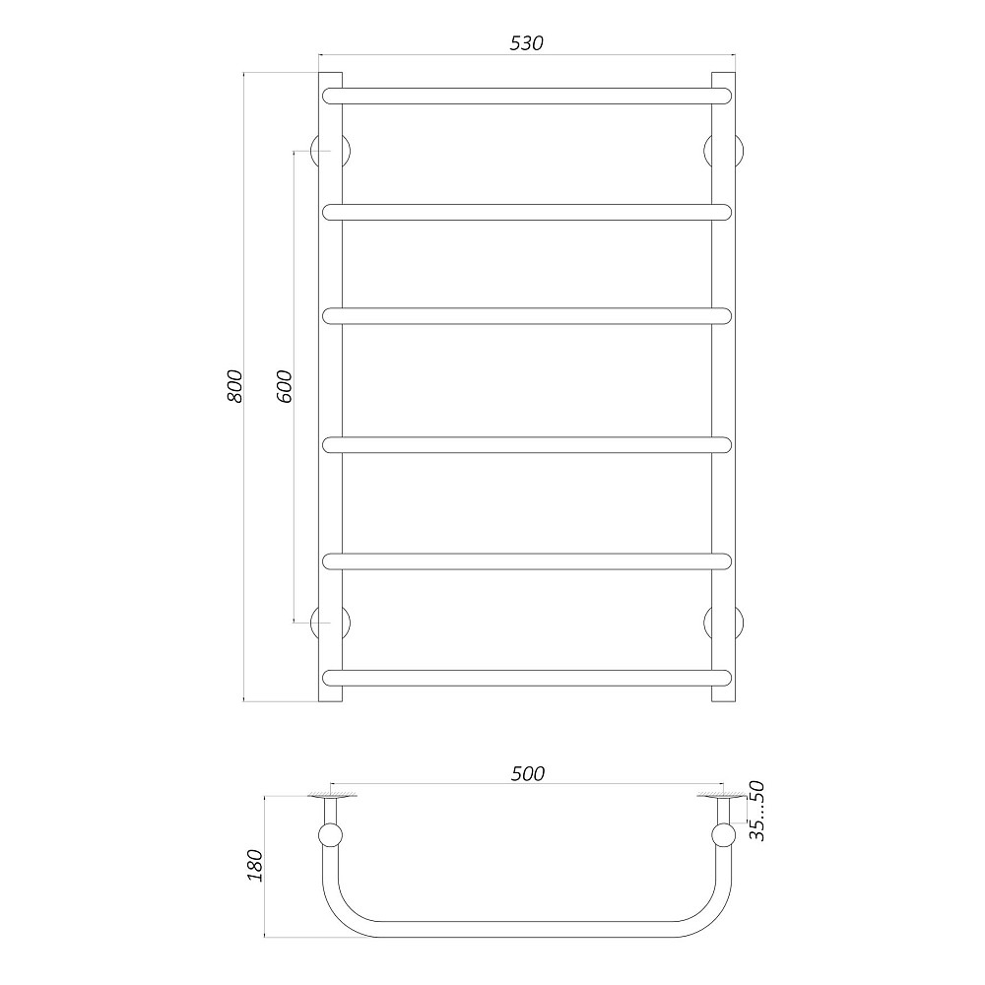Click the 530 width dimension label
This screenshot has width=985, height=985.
click(x=527, y=43)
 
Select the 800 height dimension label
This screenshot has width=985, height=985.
click(x=233, y=386)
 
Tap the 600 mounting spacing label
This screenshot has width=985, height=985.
click(x=284, y=386)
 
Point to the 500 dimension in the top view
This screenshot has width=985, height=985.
click(x=527, y=774)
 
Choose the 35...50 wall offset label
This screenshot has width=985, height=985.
click(x=756, y=811)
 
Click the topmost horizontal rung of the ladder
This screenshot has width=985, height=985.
click(x=527, y=96)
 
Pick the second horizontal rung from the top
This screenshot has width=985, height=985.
click(x=527, y=211)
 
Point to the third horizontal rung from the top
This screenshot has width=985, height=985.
click(x=527, y=315)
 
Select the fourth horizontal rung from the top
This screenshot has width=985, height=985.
click(x=527, y=444)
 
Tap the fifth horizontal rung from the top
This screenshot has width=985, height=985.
click(x=527, y=561)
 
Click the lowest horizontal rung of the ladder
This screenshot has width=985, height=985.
click(x=527, y=677)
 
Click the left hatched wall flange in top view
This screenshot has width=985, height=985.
click(x=331, y=794)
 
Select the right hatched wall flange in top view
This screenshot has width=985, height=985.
click(x=723, y=794)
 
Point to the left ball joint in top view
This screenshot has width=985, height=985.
click(x=331, y=837)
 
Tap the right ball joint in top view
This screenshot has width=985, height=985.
click(x=724, y=837)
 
